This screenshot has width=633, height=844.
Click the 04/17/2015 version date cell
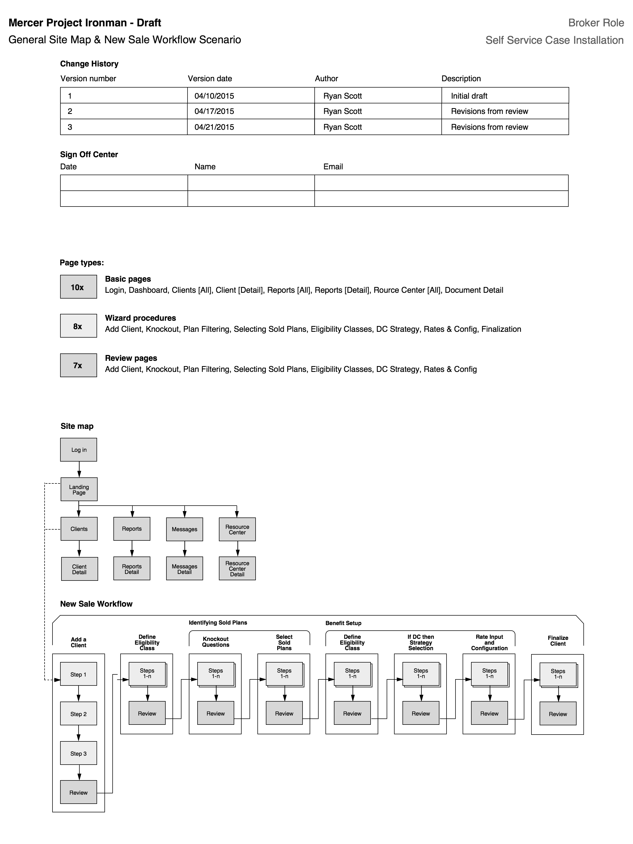click(214, 111)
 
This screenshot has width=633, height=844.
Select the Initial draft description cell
click(469, 96)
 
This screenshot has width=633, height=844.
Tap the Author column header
click(326, 79)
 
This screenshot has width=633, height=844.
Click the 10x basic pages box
click(78, 287)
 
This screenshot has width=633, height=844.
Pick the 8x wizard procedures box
click(78, 326)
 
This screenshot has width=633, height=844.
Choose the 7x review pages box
click(78, 365)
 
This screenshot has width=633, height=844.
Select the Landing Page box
click(79, 490)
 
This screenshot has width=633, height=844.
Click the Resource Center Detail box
click(237, 569)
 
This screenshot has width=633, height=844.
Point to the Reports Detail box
click(132, 569)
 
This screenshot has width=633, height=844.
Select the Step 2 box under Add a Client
click(79, 714)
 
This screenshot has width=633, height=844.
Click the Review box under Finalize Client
click(558, 714)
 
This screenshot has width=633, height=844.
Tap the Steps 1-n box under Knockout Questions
click(215, 673)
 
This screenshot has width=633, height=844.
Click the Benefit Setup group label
click(343, 623)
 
